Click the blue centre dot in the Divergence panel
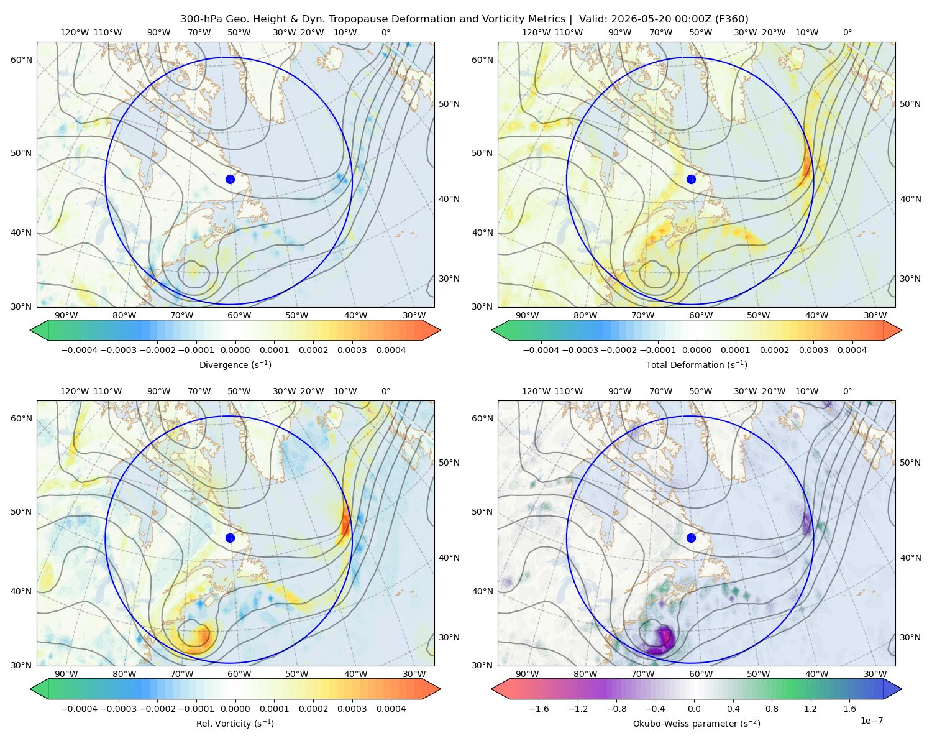(230, 179)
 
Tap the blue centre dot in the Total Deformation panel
(691, 179)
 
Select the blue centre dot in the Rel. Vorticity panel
(230, 538)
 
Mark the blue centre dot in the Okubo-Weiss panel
(691, 538)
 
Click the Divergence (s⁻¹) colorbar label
(235, 364)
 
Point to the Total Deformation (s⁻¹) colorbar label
(697, 364)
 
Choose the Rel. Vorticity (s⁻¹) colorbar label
(235, 723)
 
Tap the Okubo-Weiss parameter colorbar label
(697, 723)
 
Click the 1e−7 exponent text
(871, 721)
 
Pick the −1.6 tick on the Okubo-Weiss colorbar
(539, 709)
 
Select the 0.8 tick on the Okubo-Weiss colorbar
(772, 709)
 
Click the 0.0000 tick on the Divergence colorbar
(235, 350)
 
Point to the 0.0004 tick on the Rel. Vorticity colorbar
(391, 709)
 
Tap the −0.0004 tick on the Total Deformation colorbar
(541, 350)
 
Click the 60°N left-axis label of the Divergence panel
(21, 60)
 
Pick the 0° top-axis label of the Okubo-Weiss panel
(847, 391)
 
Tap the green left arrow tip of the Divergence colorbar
(30, 330)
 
